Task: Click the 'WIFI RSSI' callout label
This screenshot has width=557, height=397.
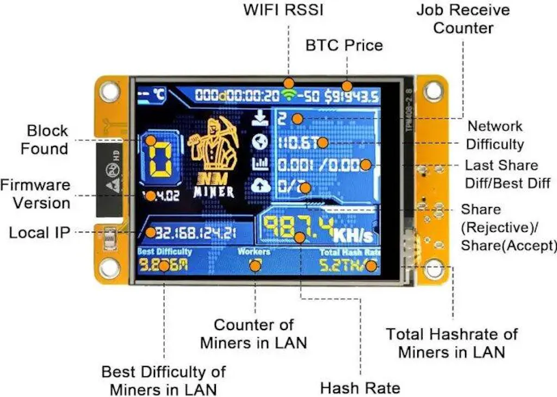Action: click(x=283, y=10)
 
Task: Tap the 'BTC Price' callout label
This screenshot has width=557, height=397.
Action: click(x=344, y=45)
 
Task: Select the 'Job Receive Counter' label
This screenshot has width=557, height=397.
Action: click(x=463, y=19)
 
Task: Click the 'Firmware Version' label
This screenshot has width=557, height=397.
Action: click(x=35, y=194)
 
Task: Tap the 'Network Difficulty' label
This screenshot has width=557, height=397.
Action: click(x=495, y=135)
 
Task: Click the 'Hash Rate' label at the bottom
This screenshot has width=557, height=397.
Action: click(x=360, y=388)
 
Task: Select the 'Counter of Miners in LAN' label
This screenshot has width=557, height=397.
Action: click(x=253, y=334)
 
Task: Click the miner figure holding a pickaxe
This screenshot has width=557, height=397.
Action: click(x=213, y=147)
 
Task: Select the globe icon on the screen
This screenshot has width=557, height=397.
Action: click(x=261, y=142)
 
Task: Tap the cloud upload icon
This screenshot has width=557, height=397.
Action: click(x=261, y=186)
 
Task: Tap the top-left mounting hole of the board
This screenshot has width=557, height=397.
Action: click(x=110, y=90)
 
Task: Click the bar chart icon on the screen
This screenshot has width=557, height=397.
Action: click(x=261, y=164)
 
